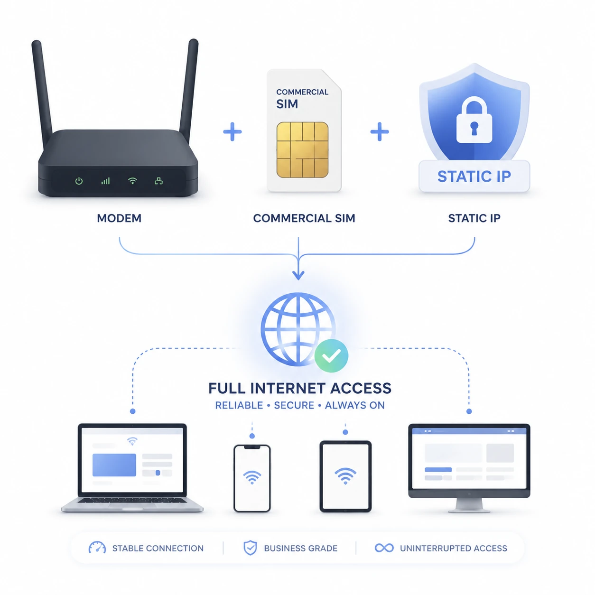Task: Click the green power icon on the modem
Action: point(79,181)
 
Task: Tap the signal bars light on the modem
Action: point(106,181)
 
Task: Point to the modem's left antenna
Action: point(42,93)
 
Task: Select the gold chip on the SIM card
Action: point(302,150)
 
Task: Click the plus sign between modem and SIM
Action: point(232,131)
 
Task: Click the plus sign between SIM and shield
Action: point(380,131)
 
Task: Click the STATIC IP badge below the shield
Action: point(474,176)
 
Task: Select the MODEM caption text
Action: point(119,218)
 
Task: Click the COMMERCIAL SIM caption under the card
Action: point(304,218)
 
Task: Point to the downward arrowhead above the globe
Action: point(298,275)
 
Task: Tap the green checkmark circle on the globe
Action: point(331,356)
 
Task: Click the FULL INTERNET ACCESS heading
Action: point(300,388)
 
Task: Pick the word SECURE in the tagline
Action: point(294,405)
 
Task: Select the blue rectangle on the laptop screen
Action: point(114,465)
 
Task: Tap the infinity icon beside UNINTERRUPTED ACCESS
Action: point(384,548)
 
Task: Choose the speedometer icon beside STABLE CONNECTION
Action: point(97,547)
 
